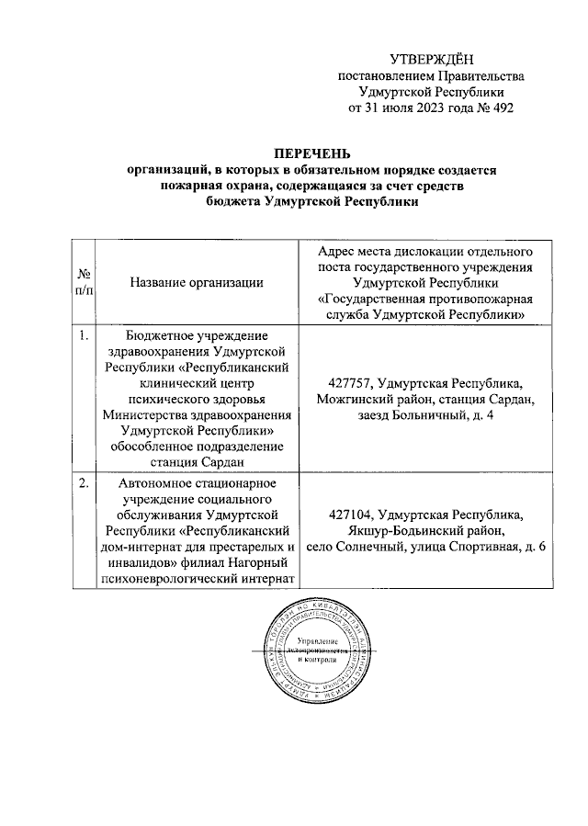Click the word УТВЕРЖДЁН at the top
pos(434,59)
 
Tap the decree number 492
pos(500,108)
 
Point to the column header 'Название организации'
pos(197,283)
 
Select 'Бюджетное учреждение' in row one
pos(197,336)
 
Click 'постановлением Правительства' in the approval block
pos(432,75)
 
